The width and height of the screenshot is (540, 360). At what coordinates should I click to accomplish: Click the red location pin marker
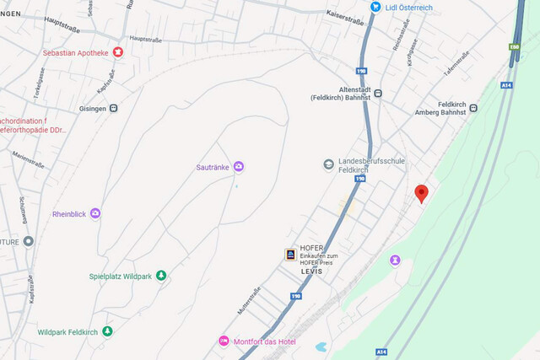coord(422,193)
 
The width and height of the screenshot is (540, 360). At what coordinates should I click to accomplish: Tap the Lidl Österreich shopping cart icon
coord(375,7)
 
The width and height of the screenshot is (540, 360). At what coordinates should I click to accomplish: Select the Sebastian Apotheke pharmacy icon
coord(118,52)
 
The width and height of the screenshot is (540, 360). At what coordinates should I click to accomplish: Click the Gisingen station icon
coord(113,108)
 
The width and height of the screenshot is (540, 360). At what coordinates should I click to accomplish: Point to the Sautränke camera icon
coord(239,166)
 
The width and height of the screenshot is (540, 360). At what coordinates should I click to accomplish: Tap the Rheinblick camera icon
coord(95,213)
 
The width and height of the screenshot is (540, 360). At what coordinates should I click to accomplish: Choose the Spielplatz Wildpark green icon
coord(161,276)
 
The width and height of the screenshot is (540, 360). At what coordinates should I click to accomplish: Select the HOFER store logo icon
coord(289,253)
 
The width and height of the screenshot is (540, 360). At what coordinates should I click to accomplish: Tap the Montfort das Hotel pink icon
coord(224,341)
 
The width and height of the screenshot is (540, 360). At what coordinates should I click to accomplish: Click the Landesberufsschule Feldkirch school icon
coord(328,164)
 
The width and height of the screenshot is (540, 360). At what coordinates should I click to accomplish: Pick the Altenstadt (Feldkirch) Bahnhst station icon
coord(378,94)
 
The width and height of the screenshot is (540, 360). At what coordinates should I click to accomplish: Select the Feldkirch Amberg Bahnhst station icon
coord(473,108)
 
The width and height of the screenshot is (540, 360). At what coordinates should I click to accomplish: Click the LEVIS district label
coord(311,271)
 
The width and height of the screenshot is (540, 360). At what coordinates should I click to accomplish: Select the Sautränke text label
coord(212,166)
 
